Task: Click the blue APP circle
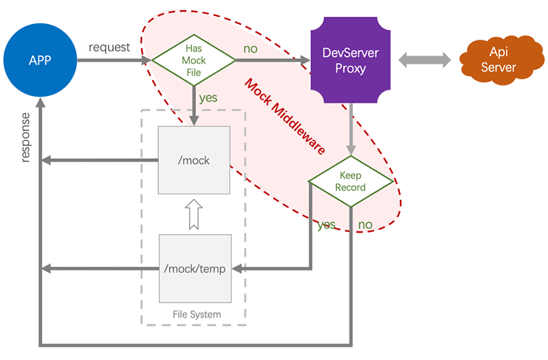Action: (40, 60)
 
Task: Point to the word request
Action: (108, 47)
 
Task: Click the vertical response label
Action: (25, 137)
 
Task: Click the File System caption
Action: (197, 315)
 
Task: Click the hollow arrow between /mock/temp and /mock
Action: (193, 214)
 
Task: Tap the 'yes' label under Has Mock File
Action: (208, 98)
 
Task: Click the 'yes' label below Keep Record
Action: (326, 224)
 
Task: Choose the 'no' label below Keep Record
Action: (365, 224)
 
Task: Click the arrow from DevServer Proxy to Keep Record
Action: (351, 130)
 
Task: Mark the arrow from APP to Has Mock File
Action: (113, 60)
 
